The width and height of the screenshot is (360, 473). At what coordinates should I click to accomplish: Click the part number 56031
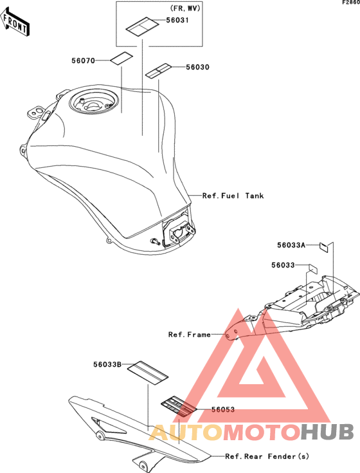(177, 20)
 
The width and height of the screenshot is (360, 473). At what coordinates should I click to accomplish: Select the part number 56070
(83, 60)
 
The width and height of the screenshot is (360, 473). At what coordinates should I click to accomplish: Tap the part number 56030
(197, 67)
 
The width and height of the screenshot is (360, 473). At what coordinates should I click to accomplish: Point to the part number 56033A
(291, 245)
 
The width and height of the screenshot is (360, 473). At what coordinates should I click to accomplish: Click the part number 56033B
(107, 365)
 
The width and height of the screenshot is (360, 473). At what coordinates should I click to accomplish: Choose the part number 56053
(223, 409)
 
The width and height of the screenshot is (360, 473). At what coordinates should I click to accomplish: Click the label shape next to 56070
(121, 58)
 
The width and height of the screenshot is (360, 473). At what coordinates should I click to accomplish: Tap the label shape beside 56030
(158, 71)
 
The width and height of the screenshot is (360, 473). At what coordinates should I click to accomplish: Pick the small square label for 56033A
(323, 247)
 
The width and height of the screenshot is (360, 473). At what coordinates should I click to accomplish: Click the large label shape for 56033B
(148, 373)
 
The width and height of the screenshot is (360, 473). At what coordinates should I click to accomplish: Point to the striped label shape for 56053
(179, 406)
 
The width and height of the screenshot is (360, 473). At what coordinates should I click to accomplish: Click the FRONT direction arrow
(14, 22)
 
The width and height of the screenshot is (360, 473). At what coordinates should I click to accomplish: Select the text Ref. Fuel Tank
(233, 196)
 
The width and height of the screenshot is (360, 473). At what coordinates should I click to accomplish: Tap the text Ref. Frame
(189, 335)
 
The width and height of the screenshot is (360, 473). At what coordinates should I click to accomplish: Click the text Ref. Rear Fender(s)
(267, 456)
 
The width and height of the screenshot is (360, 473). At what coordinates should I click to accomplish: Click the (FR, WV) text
(185, 8)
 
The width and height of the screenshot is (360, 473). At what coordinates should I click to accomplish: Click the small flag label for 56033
(312, 268)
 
